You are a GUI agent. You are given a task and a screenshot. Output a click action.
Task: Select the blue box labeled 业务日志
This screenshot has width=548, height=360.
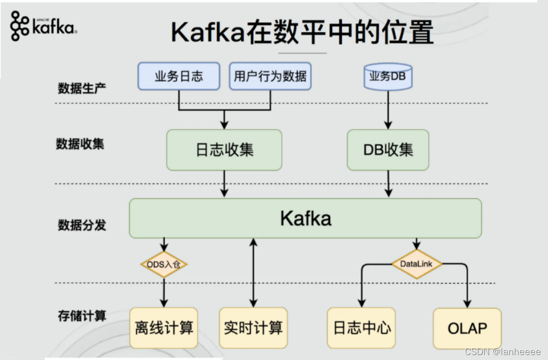click(179, 76)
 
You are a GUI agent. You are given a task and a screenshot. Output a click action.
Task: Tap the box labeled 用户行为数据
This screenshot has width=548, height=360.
click(270, 76)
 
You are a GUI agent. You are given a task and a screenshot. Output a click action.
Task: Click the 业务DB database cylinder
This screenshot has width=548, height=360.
click(388, 77)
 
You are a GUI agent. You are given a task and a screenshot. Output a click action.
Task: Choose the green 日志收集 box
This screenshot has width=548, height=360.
click(224, 150)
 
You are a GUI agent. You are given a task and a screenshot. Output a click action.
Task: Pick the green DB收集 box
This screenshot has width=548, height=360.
click(388, 150)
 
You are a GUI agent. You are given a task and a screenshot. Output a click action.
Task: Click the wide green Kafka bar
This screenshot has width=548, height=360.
click(305, 218)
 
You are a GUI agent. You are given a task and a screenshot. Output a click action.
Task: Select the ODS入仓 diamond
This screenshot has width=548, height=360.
click(164, 265)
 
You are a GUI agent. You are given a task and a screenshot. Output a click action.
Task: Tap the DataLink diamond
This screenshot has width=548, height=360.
click(416, 264)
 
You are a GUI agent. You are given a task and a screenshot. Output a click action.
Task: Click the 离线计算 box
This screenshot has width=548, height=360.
click(164, 328)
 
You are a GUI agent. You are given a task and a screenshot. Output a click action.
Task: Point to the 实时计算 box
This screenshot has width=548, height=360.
click(253, 328)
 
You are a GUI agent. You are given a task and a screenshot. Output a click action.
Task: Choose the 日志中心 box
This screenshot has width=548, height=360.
click(362, 328)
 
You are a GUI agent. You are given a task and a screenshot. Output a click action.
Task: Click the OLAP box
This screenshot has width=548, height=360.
click(467, 328)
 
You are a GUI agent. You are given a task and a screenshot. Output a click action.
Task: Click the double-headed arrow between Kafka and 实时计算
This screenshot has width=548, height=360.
click(253, 272)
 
